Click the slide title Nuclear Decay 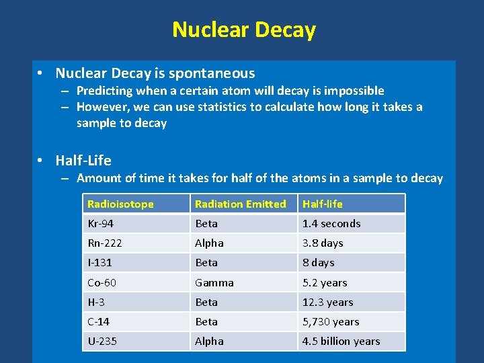[x=243, y=30]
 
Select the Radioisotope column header [x=120, y=204]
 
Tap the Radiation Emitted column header [x=240, y=204]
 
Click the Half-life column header [x=322, y=204]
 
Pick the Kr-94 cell [x=101, y=223]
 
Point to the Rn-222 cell [x=105, y=243]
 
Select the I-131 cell [x=100, y=262]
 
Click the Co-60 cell [x=102, y=282]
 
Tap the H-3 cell [x=97, y=302]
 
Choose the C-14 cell [x=99, y=321]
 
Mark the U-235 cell [x=102, y=341]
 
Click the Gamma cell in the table [x=214, y=282]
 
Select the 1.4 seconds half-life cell [x=331, y=223]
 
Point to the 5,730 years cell [x=331, y=321]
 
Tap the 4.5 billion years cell [x=341, y=341]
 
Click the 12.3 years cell [x=327, y=302]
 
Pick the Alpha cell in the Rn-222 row [x=209, y=243]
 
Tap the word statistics [x=217, y=107]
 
